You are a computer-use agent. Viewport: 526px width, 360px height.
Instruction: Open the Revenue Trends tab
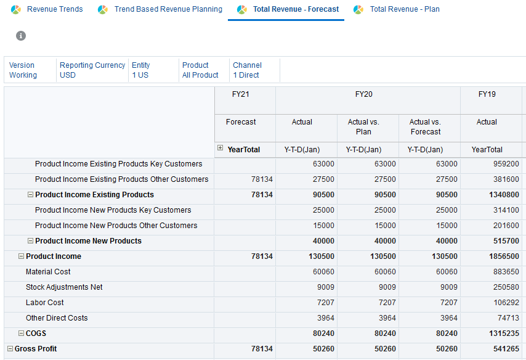54,9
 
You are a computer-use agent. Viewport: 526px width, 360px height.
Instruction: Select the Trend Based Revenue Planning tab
168,9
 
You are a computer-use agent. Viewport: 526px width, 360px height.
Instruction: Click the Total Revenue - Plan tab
404,9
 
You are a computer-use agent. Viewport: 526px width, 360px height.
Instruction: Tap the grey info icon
21,36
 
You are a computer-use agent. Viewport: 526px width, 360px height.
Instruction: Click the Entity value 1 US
140,75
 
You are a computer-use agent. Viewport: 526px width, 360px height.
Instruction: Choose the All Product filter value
200,75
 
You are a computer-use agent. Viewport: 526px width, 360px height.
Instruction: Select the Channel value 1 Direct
246,75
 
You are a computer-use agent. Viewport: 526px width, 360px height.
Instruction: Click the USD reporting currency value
67,75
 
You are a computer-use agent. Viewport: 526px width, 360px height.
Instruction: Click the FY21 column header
241,94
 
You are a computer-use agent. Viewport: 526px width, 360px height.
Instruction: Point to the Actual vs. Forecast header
426,127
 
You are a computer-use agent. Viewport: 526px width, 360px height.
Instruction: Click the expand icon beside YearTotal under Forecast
221,149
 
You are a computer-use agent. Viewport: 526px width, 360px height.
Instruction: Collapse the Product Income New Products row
30,241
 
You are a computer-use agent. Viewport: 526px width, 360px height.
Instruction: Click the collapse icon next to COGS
21,333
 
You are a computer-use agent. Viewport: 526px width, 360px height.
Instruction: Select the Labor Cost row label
46,303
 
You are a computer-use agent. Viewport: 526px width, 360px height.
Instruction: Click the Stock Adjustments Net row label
64,287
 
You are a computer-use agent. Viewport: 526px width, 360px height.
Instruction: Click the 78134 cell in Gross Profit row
261,349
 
